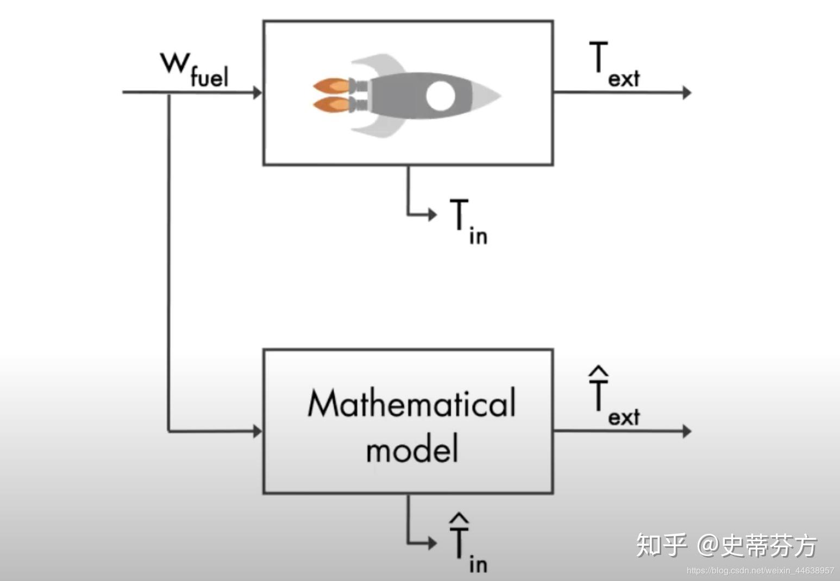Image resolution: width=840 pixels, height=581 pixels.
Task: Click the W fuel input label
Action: click(x=195, y=69)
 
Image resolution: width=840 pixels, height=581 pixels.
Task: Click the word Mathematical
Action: click(x=411, y=404)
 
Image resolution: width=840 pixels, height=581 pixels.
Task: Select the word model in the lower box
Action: click(x=412, y=449)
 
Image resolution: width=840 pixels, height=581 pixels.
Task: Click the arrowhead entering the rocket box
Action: click(x=258, y=92)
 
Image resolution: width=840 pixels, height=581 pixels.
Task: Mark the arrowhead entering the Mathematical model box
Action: click(x=258, y=432)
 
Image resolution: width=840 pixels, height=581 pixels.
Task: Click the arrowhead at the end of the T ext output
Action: click(x=687, y=92)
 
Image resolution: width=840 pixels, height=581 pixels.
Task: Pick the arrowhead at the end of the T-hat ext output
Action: click(x=687, y=431)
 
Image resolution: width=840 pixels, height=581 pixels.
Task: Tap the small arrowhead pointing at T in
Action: click(x=432, y=214)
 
